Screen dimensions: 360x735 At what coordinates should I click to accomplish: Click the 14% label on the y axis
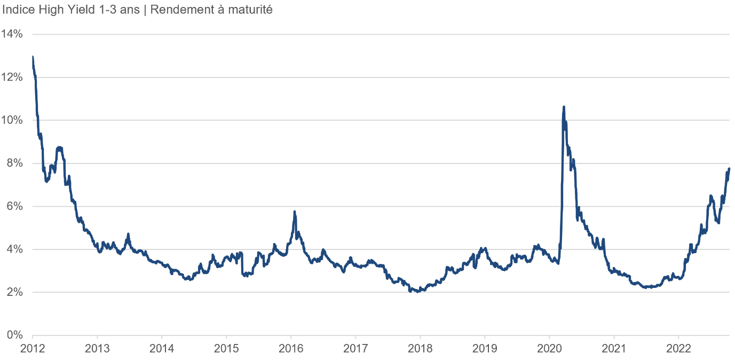click(x=12, y=34)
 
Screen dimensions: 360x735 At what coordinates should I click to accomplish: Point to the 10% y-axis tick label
click(x=12, y=120)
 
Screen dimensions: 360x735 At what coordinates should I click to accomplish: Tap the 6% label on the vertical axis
click(x=14, y=206)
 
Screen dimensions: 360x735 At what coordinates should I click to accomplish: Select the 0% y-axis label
click(x=14, y=335)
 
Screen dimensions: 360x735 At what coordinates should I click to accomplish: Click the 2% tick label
click(x=14, y=292)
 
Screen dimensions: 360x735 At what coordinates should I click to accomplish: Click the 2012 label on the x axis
click(x=33, y=348)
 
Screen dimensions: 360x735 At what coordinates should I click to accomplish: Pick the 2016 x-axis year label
click(x=291, y=348)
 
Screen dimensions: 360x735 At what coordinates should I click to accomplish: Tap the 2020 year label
click(x=549, y=348)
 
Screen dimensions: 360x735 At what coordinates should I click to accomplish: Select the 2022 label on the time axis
click(x=678, y=348)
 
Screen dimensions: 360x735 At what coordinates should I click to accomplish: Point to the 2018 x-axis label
click(x=420, y=348)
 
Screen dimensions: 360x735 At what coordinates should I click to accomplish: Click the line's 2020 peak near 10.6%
click(x=564, y=107)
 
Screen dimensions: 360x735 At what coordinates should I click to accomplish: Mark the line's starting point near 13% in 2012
click(x=33, y=57)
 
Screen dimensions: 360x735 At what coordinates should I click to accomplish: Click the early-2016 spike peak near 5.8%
click(x=295, y=212)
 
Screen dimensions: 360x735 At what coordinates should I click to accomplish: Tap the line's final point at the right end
click(x=729, y=169)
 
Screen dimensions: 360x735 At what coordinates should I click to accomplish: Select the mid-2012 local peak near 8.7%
click(x=59, y=147)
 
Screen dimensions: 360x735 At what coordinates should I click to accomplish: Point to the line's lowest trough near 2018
click(x=417, y=292)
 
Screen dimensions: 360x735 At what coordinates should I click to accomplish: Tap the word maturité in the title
click(x=251, y=10)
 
